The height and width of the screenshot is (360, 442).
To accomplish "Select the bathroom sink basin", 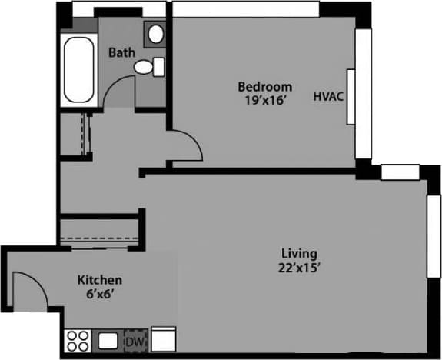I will [156, 34].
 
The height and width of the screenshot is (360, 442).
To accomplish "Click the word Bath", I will [121, 53].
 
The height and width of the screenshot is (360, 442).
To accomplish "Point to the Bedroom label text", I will [264, 86].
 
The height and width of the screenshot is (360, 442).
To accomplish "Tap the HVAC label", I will [327, 98].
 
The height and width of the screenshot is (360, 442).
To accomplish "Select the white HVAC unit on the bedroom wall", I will [351, 96].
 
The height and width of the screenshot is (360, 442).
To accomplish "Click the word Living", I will [300, 253].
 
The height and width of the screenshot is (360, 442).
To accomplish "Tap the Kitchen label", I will [100, 280].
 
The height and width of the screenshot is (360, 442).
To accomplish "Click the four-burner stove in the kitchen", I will [77, 340].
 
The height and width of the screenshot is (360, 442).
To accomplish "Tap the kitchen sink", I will [107, 340].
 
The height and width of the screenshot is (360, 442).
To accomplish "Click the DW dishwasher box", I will [135, 340].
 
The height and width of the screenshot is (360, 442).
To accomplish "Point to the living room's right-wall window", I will [432, 235].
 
